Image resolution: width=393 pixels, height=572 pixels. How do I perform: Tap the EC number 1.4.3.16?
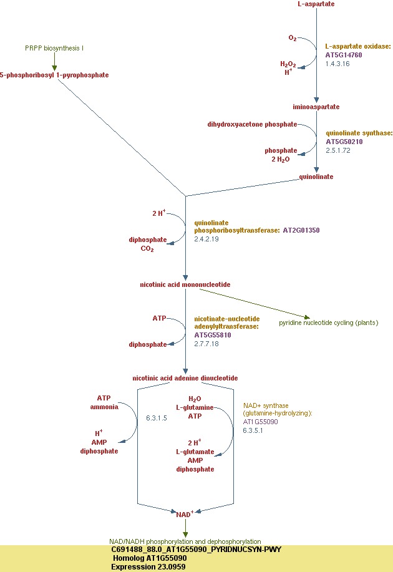pos(337,64)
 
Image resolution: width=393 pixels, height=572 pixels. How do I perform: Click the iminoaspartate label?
pos(317,107)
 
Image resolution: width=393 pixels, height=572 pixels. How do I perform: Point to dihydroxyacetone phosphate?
pos(252,124)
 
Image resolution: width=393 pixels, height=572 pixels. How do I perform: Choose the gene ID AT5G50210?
pos(344,142)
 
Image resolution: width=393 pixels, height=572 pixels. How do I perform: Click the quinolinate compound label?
pos(316,177)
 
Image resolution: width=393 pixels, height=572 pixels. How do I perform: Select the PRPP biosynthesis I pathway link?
pos(54,48)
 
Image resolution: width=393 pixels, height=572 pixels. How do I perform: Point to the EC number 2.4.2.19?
pos(206,239)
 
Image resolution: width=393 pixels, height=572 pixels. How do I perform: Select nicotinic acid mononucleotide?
pos(185,284)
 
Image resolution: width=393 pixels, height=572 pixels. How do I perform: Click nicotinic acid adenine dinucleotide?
pos(185,378)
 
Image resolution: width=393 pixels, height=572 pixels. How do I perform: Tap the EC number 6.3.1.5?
pos(157,417)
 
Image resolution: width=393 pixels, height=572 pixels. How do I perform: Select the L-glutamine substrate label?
pos(195,407)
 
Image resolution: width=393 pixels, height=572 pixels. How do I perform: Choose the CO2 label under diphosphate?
pos(147,248)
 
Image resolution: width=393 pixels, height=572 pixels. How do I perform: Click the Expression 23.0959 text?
pos(148,567)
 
